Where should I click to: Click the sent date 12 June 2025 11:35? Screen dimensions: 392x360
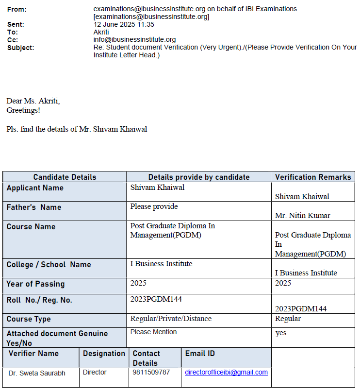click(124, 24)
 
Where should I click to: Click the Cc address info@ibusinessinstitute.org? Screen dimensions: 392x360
click(134, 40)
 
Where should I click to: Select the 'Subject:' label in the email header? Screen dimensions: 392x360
click(21, 48)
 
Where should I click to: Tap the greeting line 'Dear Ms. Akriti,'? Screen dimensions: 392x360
click(33, 101)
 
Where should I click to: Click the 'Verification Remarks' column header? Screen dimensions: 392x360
click(313, 177)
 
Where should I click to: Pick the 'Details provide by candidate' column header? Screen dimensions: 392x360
click(199, 177)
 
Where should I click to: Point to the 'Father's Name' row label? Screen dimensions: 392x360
click(34, 207)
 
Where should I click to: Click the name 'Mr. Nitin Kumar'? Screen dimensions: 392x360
click(303, 215)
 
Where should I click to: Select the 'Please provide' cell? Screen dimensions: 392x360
click(154, 206)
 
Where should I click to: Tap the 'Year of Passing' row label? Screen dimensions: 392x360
click(35, 284)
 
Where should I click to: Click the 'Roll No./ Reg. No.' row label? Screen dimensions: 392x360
click(39, 300)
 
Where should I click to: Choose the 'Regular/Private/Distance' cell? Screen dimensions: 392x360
click(171, 319)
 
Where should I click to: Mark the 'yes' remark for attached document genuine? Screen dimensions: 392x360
click(280, 333)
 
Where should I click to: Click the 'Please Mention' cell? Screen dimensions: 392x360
click(153, 332)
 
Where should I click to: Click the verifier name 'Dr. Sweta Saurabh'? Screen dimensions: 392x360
click(37, 373)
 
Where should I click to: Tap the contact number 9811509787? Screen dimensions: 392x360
click(151, 373)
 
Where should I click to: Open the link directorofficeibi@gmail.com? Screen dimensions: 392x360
click(226, 373)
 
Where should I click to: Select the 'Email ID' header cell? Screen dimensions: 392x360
click(200, 354)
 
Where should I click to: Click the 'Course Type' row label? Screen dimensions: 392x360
click(29, 319)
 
